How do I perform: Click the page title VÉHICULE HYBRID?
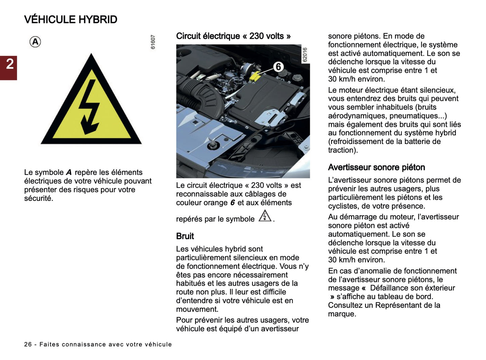click(x=71, y=20)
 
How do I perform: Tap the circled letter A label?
click(x=35, y=42)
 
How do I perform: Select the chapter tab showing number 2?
click(x=9, y=64)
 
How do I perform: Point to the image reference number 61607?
click(x=153, y=42)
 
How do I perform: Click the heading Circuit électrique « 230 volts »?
click(x=233, y=36)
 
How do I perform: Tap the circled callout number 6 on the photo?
click(x=278, y=67)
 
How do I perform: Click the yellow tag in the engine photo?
click(x=255, y=76)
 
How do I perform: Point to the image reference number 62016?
click(x=305, y=55)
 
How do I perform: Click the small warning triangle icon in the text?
click(x=265, y=216)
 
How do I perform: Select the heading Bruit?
click(x=185, y=236)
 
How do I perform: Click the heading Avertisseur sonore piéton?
click(x=376, y=168)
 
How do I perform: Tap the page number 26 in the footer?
click(x=28, y=345)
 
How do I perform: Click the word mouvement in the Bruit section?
click(x=197, y=309)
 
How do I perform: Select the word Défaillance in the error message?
click(x=391, y=288)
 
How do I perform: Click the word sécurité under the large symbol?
click(x=38, y=198)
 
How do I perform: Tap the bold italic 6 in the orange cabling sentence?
click(x=232, y=203)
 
